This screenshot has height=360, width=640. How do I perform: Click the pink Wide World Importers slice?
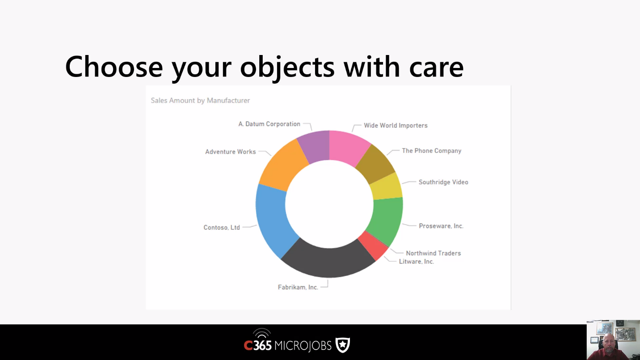click(349, 148)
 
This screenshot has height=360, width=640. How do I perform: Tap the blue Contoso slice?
click(274, 220)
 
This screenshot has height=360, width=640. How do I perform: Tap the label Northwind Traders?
click(433, 254)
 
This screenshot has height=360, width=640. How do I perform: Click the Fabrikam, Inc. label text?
click(298, 287)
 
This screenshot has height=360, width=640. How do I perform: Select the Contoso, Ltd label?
click(222, 228)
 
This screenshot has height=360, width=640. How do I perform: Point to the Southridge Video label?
click(443, 182)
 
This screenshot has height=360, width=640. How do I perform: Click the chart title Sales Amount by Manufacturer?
click(200, 100)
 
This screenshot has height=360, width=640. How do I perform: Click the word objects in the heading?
click(287, 67)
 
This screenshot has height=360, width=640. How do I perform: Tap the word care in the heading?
click(436, 68)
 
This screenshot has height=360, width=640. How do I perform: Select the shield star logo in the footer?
click(343, 345)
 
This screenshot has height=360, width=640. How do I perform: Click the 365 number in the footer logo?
click(262, 346)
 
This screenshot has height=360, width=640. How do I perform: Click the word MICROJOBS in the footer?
click(303, 346)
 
